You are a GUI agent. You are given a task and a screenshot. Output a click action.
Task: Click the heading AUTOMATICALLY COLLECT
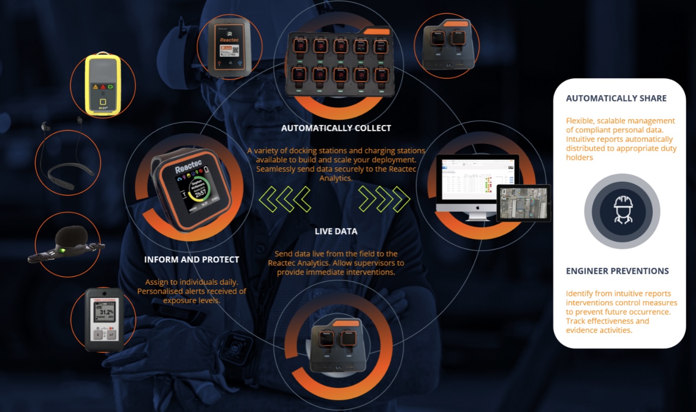pos(336,128)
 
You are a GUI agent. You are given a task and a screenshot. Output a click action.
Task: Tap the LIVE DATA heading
pos(336,231)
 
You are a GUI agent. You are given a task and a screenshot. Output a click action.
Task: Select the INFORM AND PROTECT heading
pos(192,259)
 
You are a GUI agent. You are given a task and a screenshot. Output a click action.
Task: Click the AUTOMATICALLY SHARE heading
pos(616,98)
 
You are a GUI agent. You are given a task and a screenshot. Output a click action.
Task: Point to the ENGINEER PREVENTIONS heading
pos(617,271)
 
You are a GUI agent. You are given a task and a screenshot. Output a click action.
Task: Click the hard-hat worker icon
pos(622,211)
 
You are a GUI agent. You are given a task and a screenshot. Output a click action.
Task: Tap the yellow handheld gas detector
pos(103,85)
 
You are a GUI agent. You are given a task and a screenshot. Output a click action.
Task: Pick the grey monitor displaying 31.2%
pos(105,319)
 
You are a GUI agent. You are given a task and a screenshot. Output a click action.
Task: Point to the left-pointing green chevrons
pos(285,199)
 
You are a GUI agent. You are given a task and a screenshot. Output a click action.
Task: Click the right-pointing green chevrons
pos(384,199)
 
